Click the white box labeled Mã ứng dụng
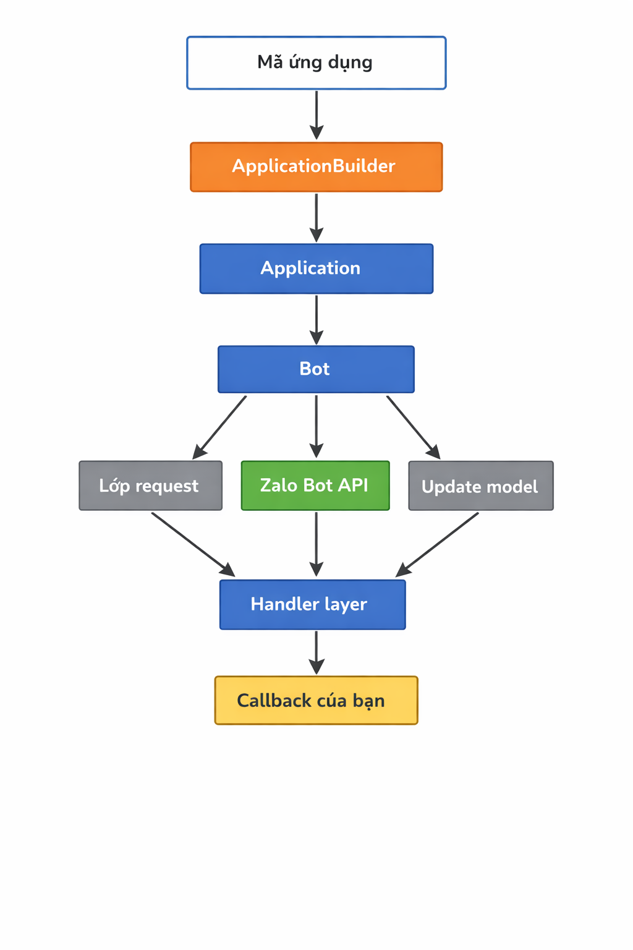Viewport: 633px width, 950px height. click(316, 62)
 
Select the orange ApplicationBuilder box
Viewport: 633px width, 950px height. click(316, 167)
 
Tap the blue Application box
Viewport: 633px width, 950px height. click(316, 268)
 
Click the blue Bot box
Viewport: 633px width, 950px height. click(316, 369)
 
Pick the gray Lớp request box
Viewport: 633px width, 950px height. click(150, 486)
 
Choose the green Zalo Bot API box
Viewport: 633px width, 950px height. click(315, 486)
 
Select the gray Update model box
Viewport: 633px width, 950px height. click(481, 486)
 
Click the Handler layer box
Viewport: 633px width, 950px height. click(312, 604)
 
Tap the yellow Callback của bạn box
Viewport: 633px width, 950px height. click(316, 700)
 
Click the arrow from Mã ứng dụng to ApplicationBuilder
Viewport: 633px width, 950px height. click(316, 115)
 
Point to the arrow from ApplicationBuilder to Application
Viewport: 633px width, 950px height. click(316, 217)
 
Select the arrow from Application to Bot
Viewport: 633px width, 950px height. click(316, 319)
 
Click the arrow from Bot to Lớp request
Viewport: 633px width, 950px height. click(221, 427)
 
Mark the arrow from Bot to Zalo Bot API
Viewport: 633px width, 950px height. click(316, 426)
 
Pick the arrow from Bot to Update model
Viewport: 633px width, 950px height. click(413, 427)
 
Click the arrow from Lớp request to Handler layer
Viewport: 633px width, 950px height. click(192, 544)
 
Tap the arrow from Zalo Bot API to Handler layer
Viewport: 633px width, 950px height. click(316, 544)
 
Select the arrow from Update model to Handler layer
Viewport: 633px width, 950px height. click(438, 544)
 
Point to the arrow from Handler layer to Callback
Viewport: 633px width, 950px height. click(316, 652)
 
